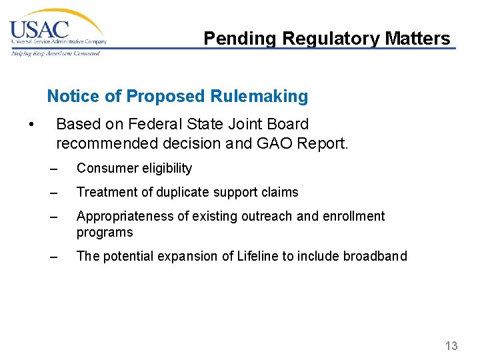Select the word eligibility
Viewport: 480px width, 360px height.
(166, 168)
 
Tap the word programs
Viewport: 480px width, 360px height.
(105, 232)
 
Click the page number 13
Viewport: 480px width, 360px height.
(451, 345)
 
